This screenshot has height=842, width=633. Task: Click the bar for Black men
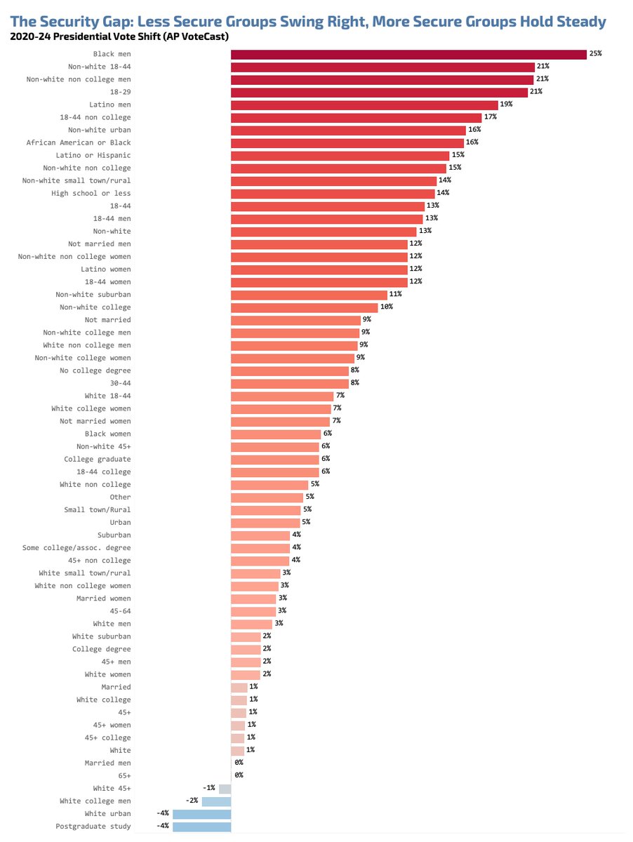[408, 54]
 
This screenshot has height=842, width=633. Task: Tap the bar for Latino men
[364, 105]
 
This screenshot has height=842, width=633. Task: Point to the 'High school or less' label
[91, 193]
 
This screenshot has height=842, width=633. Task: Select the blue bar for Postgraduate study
[202, 827]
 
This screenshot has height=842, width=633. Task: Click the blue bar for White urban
[202, 814]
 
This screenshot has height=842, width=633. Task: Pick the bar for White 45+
[225, 789]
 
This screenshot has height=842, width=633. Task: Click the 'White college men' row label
[95, 801]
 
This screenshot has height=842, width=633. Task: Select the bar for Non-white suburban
[309, 295]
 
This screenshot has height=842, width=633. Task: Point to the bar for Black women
[275, 434]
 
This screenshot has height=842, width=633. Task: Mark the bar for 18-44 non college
[357, 117]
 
